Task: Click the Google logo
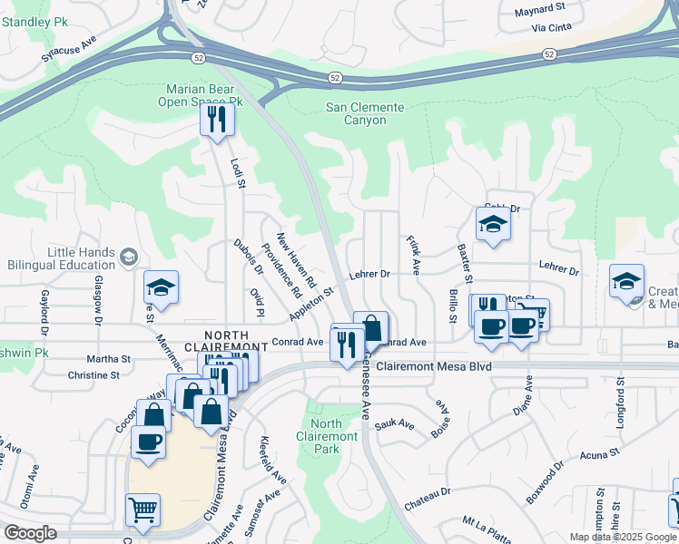tap(30, 533)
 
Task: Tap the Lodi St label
tap(239, 172)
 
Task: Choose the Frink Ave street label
tap(413, 256)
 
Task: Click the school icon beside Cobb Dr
tap(493, 225)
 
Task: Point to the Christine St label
tap(93, 374)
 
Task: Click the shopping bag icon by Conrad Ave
tap(371, 326)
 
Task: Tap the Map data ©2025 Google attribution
tap(621, 537)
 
